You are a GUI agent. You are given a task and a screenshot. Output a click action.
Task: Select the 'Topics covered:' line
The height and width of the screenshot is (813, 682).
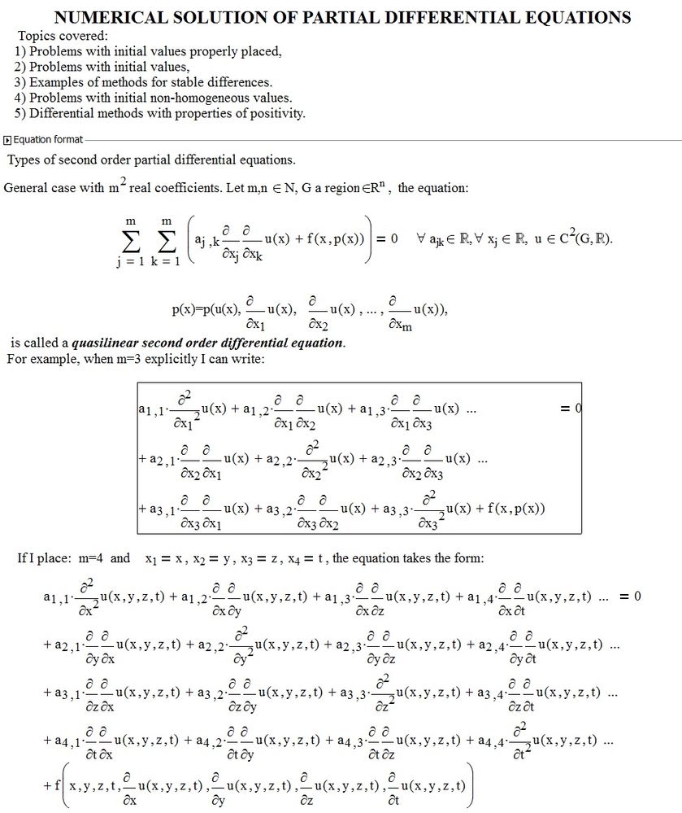pos(62,37)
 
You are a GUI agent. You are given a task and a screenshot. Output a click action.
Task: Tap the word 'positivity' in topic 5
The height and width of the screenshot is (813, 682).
pos(276,113)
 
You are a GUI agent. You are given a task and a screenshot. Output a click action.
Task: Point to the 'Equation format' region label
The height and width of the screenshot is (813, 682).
pos(48,140)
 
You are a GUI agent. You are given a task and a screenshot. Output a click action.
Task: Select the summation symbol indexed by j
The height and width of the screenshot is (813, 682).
pos(130,241)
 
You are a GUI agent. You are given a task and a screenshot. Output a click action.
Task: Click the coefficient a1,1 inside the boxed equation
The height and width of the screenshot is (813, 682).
pos(152,409)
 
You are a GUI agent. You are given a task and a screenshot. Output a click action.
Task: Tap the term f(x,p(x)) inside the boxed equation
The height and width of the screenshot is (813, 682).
pos(510,509)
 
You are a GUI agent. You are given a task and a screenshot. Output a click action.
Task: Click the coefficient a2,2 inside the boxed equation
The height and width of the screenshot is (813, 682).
pos(270,459)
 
